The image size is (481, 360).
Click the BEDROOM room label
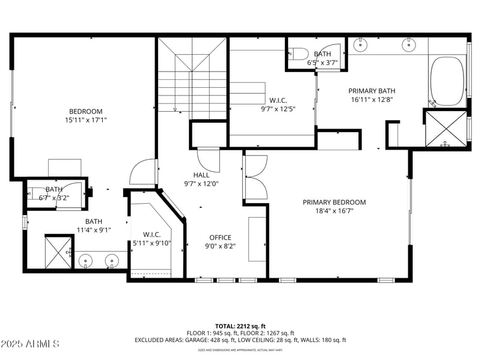coord(85,111)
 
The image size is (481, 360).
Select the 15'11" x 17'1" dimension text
coord(85,120)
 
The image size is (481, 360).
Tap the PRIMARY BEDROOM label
coord(334,203)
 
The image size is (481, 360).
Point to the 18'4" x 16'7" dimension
coord(334,212)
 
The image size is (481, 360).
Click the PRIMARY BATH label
coord(372,91)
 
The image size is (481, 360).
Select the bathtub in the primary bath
coord(447,81)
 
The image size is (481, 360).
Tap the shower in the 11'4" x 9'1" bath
coord(57,252)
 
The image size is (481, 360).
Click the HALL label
coord(201,175)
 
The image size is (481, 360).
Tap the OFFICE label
coord(220,237)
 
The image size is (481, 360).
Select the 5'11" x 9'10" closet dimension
coord(152,243)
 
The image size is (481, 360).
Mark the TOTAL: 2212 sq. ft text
coord(240,325)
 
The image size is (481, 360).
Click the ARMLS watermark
coord(30,344)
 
